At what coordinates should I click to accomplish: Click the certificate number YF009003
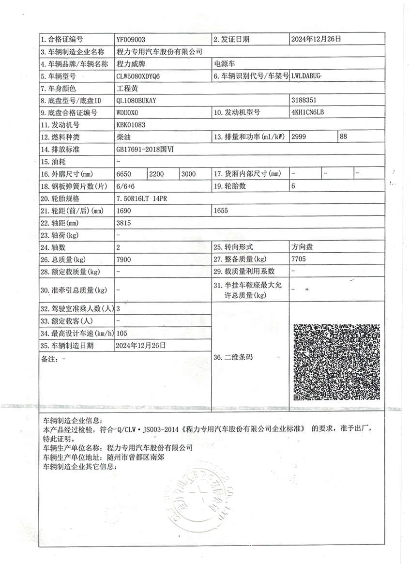click(131, 39)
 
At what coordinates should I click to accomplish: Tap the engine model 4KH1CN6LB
click(307, 112)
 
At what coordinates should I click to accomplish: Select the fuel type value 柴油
click(123, 137)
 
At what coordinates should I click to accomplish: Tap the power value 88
click(344, 137)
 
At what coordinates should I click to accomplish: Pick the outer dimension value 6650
click(124, 173)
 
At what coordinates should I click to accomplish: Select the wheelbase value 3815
click(124, 223)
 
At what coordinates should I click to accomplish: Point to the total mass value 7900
click(124, 259)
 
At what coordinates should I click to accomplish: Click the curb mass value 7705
click(299, 259)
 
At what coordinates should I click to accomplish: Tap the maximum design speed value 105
click(122, 333)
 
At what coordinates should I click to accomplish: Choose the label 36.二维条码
click(233, 358)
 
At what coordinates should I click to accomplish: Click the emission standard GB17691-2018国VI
click(144, 149)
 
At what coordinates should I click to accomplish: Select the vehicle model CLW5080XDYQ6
click(138, 76)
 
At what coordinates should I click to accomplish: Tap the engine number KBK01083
click(131, 125)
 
